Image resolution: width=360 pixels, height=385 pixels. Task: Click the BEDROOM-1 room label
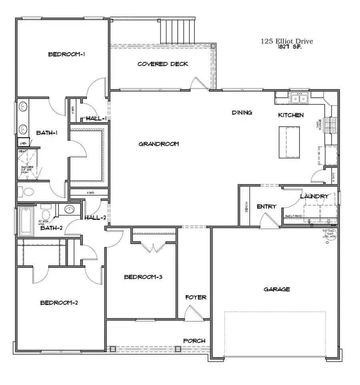(66, 54)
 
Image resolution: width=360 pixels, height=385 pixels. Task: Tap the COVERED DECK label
(162, 64)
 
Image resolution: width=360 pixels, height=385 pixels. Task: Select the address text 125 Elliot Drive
(287, 41)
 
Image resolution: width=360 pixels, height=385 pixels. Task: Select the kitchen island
(289, 142)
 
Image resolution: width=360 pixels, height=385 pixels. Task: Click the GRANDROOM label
(158, 144)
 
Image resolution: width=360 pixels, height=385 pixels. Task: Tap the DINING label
(242, 113)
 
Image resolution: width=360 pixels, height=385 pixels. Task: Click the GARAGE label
(277, 289)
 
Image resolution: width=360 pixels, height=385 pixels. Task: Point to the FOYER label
(196, 297)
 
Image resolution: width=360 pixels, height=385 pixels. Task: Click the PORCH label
(194, 341)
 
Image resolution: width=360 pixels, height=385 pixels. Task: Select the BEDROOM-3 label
(142, 277)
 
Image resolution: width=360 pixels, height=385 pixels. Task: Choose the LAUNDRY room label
(314, 197)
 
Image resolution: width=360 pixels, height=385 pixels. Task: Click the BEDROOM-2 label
(59, 303)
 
